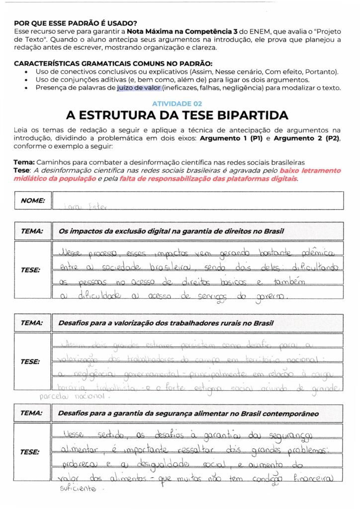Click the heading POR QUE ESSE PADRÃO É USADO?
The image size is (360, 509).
coord(76,23)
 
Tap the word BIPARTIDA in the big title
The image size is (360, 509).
coord(248,115)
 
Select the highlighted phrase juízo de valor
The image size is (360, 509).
coord(139,88)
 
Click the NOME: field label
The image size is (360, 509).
coord(33,201)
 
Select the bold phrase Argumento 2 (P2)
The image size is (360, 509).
coord(305,139)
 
